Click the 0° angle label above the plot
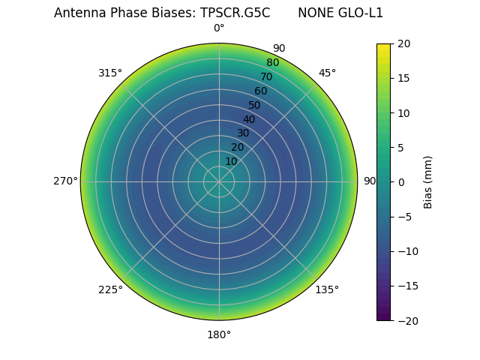(219, 28)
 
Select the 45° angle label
(327, 73)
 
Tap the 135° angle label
(327, 290)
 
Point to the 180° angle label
(219, 334)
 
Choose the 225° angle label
(110, 290)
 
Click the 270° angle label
(65, 181)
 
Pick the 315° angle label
(110, 73)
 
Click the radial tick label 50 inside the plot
(255, 105)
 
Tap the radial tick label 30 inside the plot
(243, 133)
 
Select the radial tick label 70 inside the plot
(266, 76)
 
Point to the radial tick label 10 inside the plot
(231, 161)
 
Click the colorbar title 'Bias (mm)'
(428, 182)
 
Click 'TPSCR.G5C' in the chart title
(235, 13)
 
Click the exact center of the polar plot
(219, 181)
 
